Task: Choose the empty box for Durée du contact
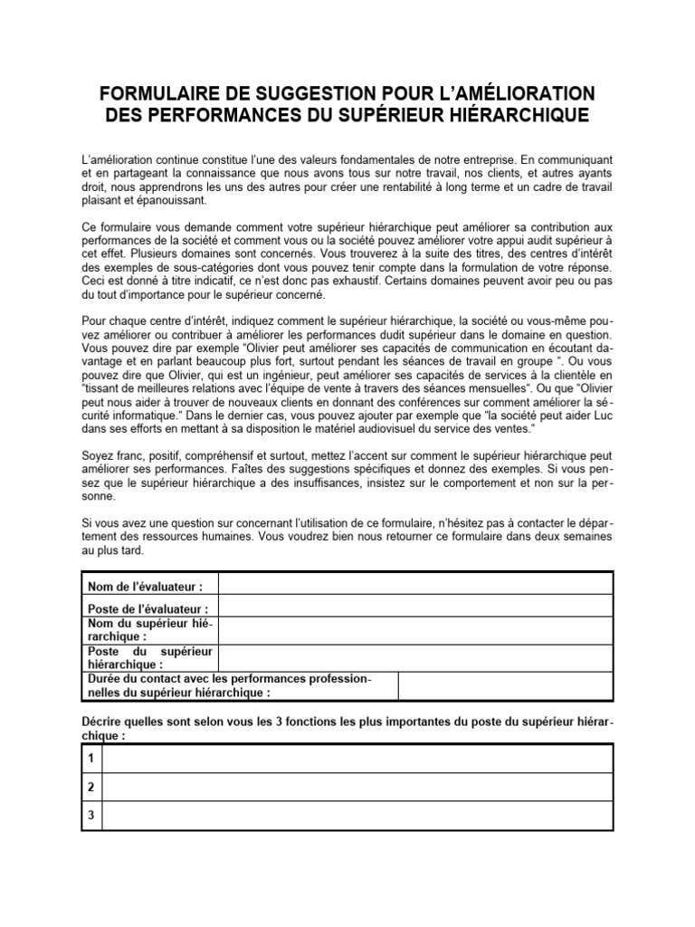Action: pos(504,686)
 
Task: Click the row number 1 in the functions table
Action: pos(91,756)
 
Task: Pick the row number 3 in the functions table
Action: pos(91,815)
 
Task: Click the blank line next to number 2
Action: pos(357,787)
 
